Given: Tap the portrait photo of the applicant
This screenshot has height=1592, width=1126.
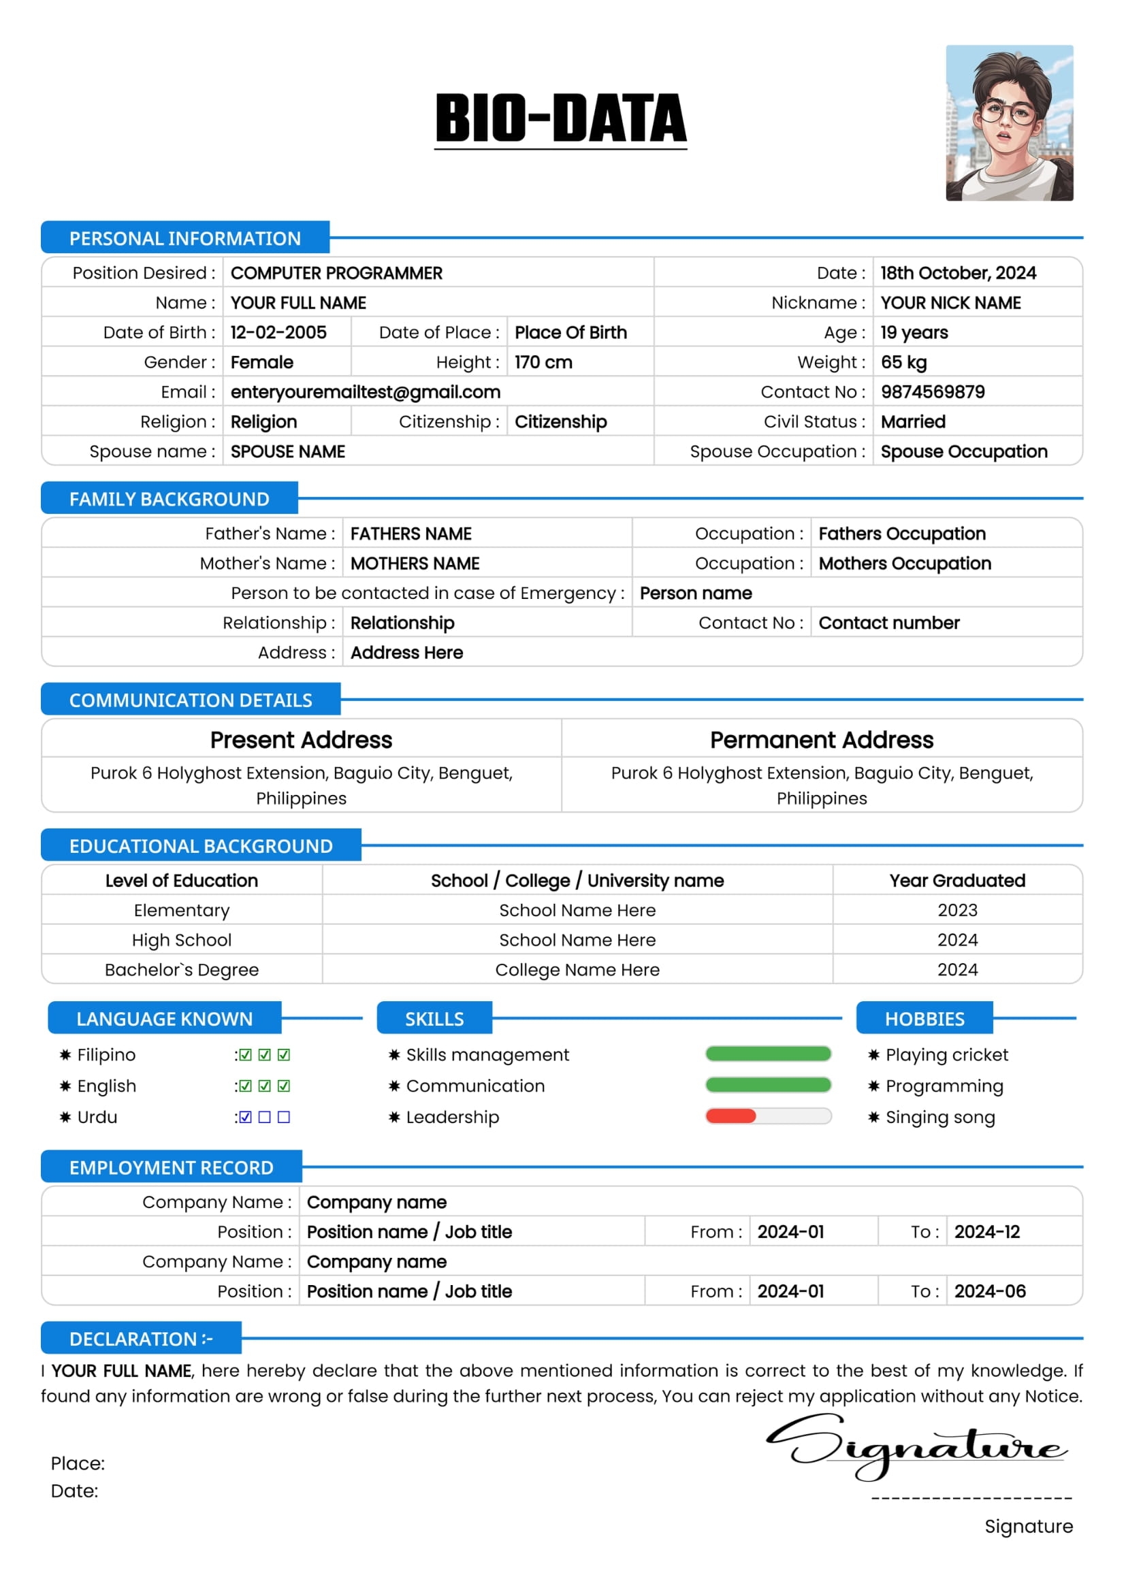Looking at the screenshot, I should [x=1009, y=123].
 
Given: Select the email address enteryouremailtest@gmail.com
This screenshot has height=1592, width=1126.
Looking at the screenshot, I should [x=366, y=392].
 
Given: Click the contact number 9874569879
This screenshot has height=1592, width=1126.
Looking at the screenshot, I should [x=932, y=392].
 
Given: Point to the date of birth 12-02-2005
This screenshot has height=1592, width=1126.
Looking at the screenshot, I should [x=278, y=332].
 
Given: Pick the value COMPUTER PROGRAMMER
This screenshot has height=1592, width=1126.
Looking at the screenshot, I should [x=336, y=273].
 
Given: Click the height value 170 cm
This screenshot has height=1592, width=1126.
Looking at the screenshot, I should [x=543, y=362].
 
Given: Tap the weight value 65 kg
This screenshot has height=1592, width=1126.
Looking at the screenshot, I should [x=903, y=362].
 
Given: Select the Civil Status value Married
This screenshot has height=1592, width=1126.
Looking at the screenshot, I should [x=912, y=421].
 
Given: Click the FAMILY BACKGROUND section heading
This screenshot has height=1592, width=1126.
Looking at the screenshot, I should [x=170, y=498].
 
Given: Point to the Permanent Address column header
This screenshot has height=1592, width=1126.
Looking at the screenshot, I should [x=821, y=740].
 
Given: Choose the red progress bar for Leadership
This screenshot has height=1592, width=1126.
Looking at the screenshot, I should [x=730, y=1116].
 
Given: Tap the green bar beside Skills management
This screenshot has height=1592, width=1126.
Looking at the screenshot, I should [x=767, y=1054].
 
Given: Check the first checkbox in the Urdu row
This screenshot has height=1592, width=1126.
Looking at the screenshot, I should [x=246, y=1117].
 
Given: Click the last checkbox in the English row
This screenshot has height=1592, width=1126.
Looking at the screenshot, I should [x=284, y=1086].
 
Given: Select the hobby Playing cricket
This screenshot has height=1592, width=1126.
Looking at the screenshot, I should [x=946, y=1054].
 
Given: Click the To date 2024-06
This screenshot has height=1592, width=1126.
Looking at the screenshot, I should [x=989, y=1291].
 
